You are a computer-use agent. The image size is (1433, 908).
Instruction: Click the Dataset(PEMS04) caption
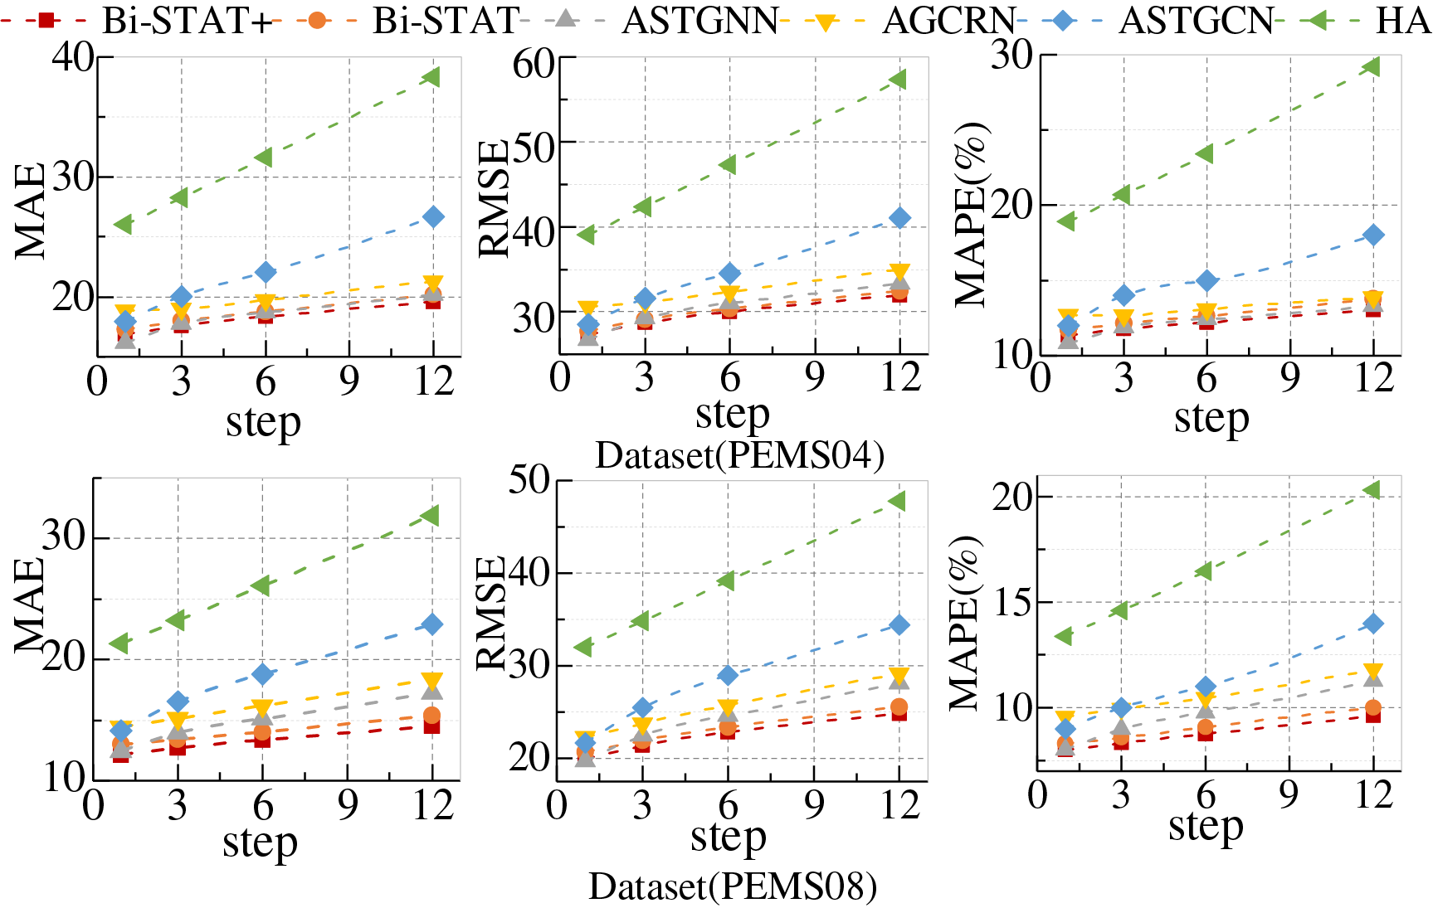tap(739, 455)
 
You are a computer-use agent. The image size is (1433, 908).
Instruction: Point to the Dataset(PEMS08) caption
tap(733, 886)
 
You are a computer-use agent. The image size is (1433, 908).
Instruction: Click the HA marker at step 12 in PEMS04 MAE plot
tap(431, 77)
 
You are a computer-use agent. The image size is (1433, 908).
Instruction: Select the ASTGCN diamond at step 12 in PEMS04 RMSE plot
tap(900, 218)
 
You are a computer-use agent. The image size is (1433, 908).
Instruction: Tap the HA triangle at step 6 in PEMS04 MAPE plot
tap(1205, 154)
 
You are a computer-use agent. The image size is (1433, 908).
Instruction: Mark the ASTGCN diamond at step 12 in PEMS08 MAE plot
tap(431, 624)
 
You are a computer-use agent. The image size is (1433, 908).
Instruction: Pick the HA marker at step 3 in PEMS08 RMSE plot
tap(641, 620)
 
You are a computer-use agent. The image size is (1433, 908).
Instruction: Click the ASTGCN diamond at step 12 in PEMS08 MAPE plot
tap(1373, 624)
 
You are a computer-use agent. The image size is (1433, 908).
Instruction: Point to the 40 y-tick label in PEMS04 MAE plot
tap(73, 57)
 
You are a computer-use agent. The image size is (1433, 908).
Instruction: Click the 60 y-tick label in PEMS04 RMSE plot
tap(534, 63)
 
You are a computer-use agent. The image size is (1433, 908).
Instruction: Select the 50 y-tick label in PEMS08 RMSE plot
tap(529, 479)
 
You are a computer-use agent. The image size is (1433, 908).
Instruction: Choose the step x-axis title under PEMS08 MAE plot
tap(260, 843)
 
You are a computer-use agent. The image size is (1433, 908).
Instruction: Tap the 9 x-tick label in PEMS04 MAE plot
tap(349, 381)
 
